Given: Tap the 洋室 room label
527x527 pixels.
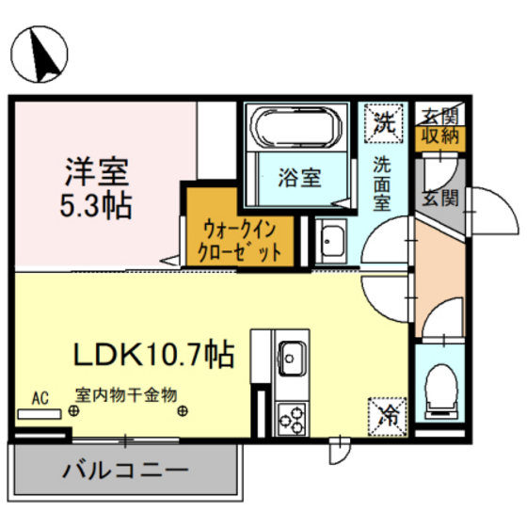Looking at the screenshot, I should tap(96, 172).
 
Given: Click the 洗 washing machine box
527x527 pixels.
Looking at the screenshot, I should tap(383, 120).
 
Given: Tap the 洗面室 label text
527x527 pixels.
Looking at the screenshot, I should tap(384, 181).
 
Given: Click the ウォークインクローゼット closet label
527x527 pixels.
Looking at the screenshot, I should tap(239, 241).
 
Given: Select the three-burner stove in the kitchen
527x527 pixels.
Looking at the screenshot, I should tap(290, 414).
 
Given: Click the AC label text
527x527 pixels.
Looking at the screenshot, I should tap(40, 396).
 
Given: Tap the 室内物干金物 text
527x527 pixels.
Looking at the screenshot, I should tap(126, 395).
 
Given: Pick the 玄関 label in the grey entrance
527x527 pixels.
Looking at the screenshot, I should tap(439, 199).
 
